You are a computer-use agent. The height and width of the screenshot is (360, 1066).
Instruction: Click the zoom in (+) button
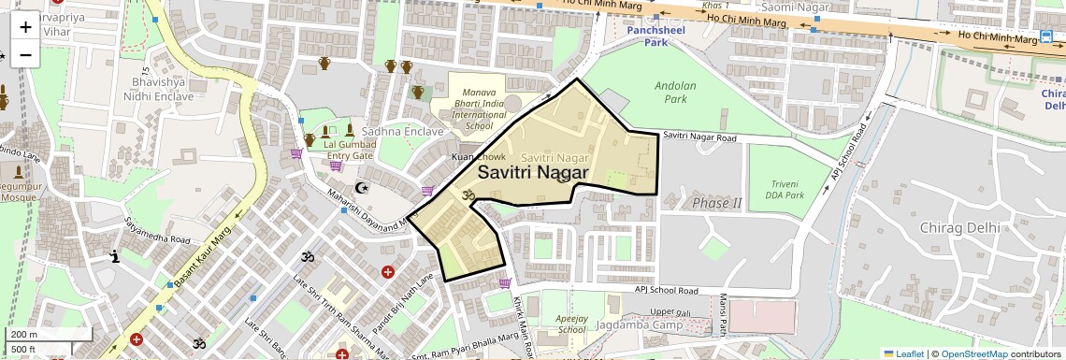(x=25, y=27)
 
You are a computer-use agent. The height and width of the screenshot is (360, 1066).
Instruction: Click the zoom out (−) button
(x=25, y=55)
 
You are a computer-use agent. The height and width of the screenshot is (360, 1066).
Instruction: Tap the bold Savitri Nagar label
(x=533, y=173)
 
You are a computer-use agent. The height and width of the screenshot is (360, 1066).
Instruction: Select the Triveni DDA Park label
(x=782, y=189)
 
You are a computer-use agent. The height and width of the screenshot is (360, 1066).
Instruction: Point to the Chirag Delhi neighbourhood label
(x=959, y=227)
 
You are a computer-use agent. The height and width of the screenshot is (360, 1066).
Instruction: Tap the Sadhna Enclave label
(x=403, y=132)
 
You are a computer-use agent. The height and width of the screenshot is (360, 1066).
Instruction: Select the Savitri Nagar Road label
(x=700, y=137)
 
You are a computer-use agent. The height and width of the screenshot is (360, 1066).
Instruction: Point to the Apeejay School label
(x=572, y=324)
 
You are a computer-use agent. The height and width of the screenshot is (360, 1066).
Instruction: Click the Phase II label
(x=716, y=203)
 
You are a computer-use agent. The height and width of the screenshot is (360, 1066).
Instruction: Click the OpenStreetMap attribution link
(x=973, y=353)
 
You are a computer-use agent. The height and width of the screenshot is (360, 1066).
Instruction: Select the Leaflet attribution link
(x=903, y=353)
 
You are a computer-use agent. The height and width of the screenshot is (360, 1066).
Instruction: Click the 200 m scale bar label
(x=23, y=334)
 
